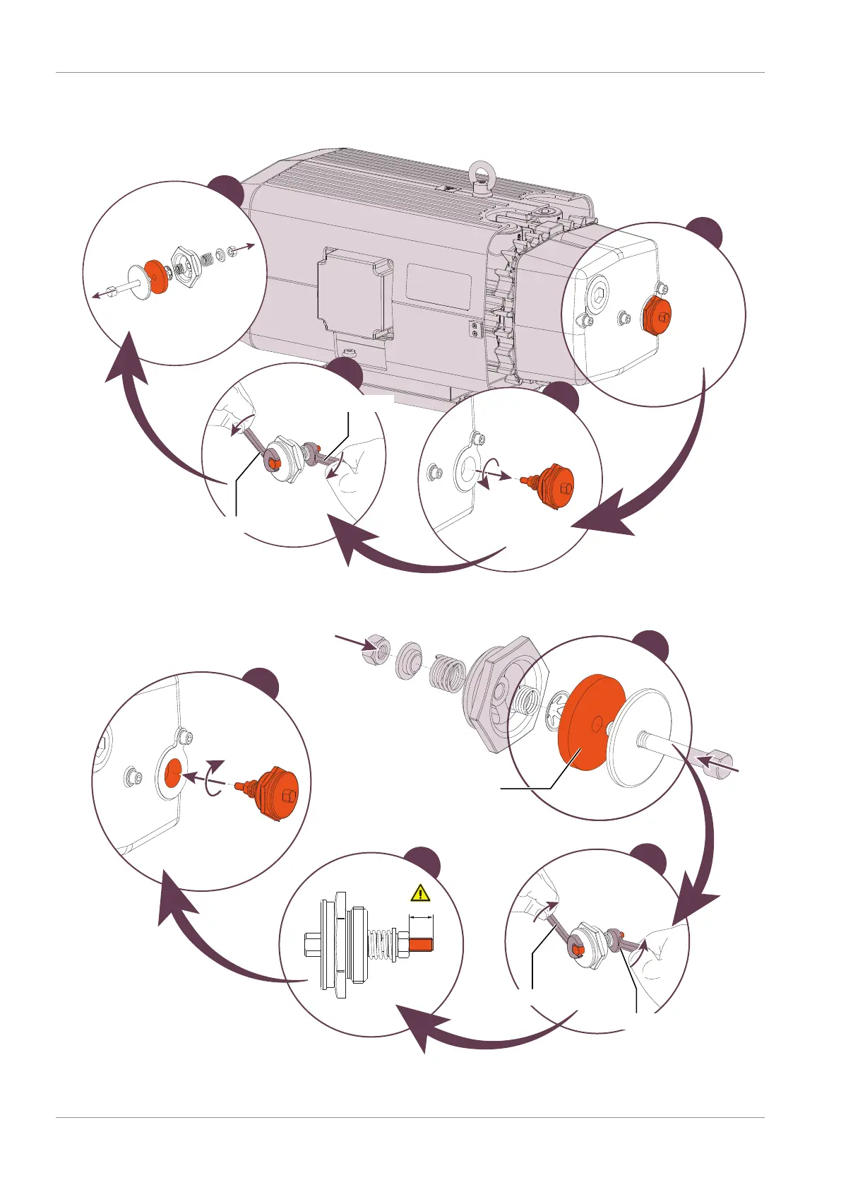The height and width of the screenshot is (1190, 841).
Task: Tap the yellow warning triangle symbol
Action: coord(420,892)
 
